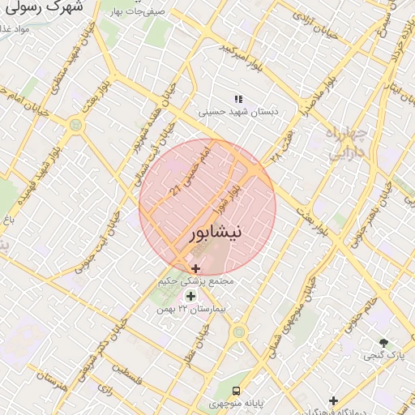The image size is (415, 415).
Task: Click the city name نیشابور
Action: pos(215,233)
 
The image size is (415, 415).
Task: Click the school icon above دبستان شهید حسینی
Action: pos(238,98)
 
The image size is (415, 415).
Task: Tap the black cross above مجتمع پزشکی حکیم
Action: pos(195,267)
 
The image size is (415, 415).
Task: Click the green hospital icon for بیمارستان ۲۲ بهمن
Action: pos(190,296)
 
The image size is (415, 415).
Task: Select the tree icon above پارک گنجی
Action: pos(383,343)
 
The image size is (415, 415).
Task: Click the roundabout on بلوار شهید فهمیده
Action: pos(75,126)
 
